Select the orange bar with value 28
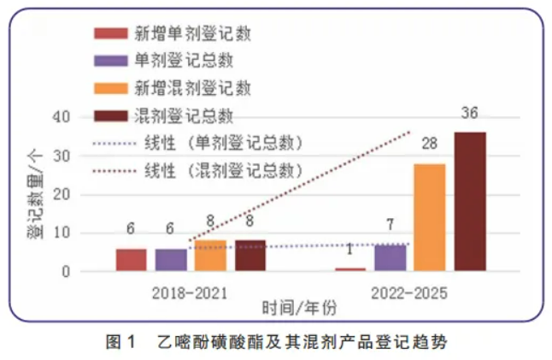[429, 217]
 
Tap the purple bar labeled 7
[390, 257]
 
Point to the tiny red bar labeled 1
[349, 269]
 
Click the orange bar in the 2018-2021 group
[210, 256]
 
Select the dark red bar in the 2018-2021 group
[250, 256]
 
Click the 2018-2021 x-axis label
[190, 293]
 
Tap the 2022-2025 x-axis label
[409, 293]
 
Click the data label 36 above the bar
[469, 113]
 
